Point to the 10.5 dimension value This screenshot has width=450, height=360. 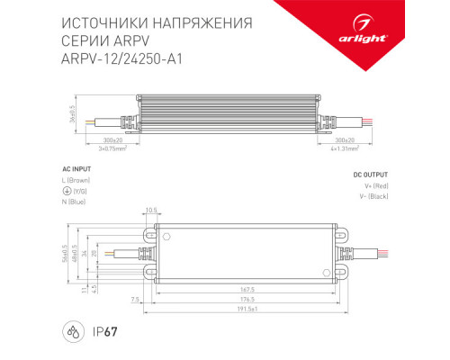(151, 210)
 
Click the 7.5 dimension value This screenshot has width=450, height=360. (134, 298)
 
